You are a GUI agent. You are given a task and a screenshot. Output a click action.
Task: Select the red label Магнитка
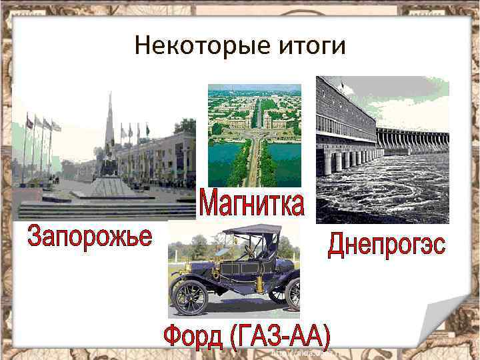[252, 204]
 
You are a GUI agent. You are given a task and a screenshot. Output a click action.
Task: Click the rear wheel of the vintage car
[292, 293]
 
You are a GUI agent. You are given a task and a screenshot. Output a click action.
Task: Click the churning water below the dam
[380, 193]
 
